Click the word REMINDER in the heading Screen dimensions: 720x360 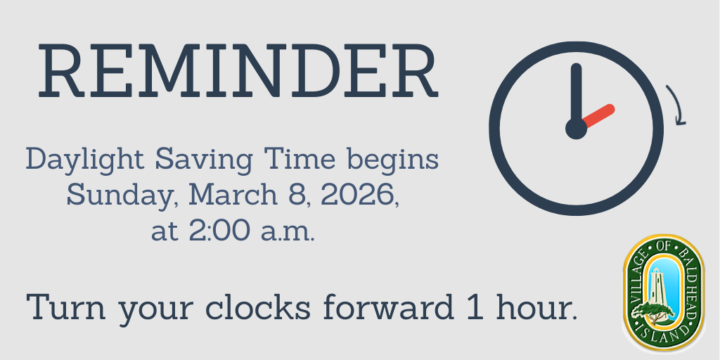coord(238,70)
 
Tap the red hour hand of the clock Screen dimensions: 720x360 coord(598,117)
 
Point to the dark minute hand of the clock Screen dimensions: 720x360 coord(577,96)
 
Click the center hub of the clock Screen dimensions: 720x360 coord(577,129)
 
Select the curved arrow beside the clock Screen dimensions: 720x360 coord(677,105)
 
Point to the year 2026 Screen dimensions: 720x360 coord(360,195)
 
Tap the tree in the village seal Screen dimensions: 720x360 coord(652,312)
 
